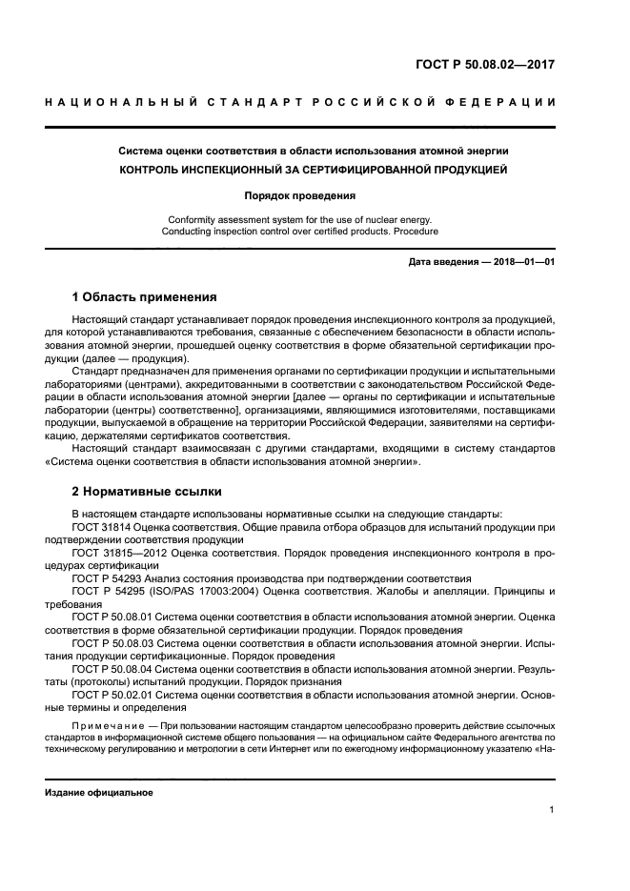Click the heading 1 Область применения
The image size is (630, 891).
click(144, 296)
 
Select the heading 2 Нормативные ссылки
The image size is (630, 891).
click(147, 492)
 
